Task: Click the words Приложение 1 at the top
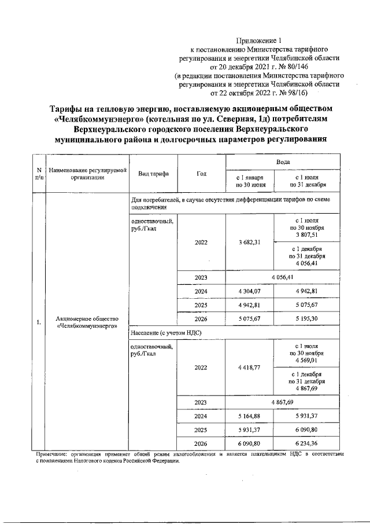(258, 41)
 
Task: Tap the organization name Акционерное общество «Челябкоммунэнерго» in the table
(87, 323)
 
